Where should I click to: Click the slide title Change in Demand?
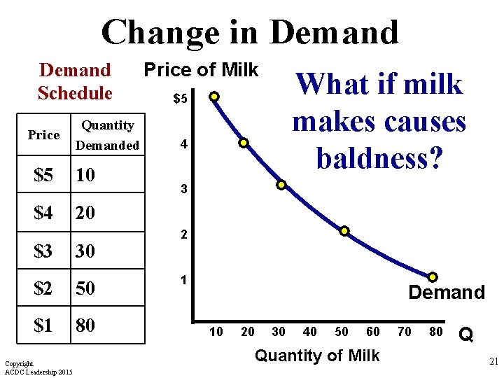coord(250,33)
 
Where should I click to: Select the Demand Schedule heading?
coord(75,81)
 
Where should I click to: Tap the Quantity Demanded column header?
coord(108,135)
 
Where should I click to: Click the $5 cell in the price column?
coord(43,174)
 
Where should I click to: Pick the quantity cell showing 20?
coord(85,212)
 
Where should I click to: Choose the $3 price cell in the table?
coord(43,250)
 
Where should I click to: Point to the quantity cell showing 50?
coord(85,288)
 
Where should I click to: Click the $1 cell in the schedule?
coord(43,325)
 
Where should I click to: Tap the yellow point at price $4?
coord(244,143)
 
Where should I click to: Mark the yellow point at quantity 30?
coord(281,185)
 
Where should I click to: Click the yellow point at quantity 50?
coord(344,232)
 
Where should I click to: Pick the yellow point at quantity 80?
coord(433,277)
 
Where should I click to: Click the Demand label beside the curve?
coord(446,293)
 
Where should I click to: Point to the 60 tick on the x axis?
coord(373,332)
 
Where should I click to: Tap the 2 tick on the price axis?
coord(183,236)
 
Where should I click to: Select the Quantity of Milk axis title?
coord(316,356)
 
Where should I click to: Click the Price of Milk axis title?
coord(201,70)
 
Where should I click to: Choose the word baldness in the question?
coord(379,157)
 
